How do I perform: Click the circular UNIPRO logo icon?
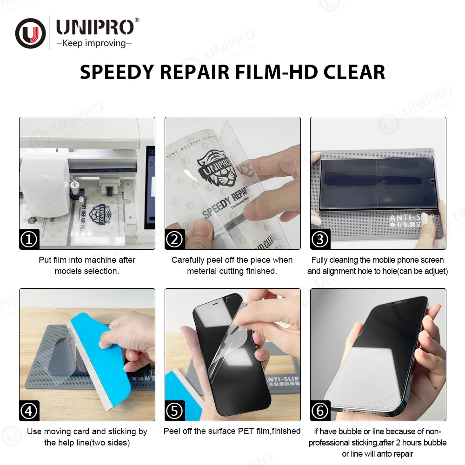point(30,33)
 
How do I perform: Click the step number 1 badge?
point(29,239)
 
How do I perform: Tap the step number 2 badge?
point(175,239)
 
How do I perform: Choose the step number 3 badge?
point(320,239)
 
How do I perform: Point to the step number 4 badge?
point(29,411)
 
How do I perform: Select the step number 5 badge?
point(175,411)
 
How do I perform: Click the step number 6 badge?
point(320,411)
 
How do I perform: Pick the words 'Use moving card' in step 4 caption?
point(58,432)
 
